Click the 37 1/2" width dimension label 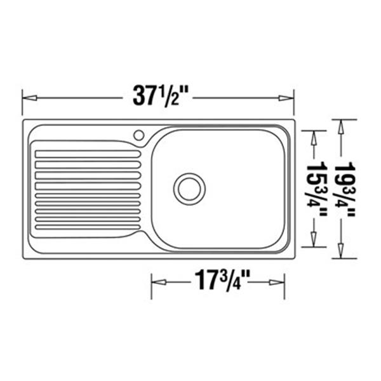pyautogui.click(x=159, y=96)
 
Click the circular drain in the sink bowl pyautogui.click(x=189, y=189)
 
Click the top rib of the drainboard pyautogui.click(x=87, y=153)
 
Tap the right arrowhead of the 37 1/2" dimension pyautogui.click(x=286, y=98)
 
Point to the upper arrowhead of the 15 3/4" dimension pyautogui.click(x=313, y=138)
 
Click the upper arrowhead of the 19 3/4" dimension pyautogui.click(x=342, y=126)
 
